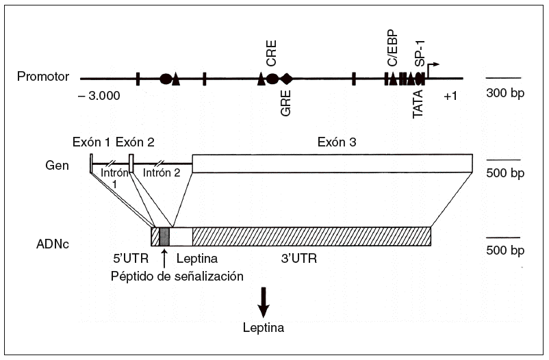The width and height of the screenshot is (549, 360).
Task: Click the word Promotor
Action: click(43, 76)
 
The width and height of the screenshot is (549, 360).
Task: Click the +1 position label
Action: click(450, 96)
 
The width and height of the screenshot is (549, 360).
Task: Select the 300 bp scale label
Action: click(506, 93)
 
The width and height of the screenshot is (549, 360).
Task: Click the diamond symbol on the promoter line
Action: click(286, 79)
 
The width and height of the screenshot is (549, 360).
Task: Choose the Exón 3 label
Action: click(337, 142)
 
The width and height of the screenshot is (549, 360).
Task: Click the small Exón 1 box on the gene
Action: click(91, 164)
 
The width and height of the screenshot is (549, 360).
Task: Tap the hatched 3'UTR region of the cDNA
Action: click(311, 236)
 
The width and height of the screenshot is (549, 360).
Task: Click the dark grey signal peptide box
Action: click(164, 236)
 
